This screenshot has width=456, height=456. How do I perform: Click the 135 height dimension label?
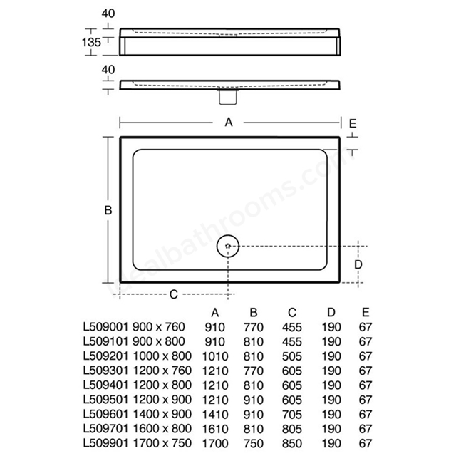(x=91, y=43)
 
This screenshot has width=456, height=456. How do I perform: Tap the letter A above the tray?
(x=229, y=123)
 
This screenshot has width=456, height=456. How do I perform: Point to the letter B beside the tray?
(x=108, y=210)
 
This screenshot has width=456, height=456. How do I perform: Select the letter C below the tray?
(x=174, y=294)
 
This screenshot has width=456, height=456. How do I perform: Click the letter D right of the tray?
(x=358, y=264)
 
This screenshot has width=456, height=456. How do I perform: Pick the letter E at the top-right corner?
(x=353, y=124)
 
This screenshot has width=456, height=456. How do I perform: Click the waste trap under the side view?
(x=228, y=97)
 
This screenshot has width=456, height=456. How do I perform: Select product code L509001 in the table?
(x=105, y=327)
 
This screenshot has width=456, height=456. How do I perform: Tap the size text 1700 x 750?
(x=162, y=443)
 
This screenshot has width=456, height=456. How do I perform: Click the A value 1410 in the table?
(x=215, y=415)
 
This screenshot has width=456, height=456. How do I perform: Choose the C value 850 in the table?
(x=292, y=443)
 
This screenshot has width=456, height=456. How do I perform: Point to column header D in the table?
(x=331, y=312)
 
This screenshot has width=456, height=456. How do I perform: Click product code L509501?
(x=105, y=400)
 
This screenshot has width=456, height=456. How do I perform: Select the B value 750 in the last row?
(x=254, y=443)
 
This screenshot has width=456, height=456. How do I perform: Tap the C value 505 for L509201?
(x=292, y=356)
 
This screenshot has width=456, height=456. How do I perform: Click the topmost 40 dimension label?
(x=108, y=14)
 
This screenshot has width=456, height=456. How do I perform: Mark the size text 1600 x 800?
(x=162, y=429)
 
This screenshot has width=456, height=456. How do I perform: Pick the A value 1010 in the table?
(x=215, y=356)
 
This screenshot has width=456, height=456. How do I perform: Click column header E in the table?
(x=366, y=312)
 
